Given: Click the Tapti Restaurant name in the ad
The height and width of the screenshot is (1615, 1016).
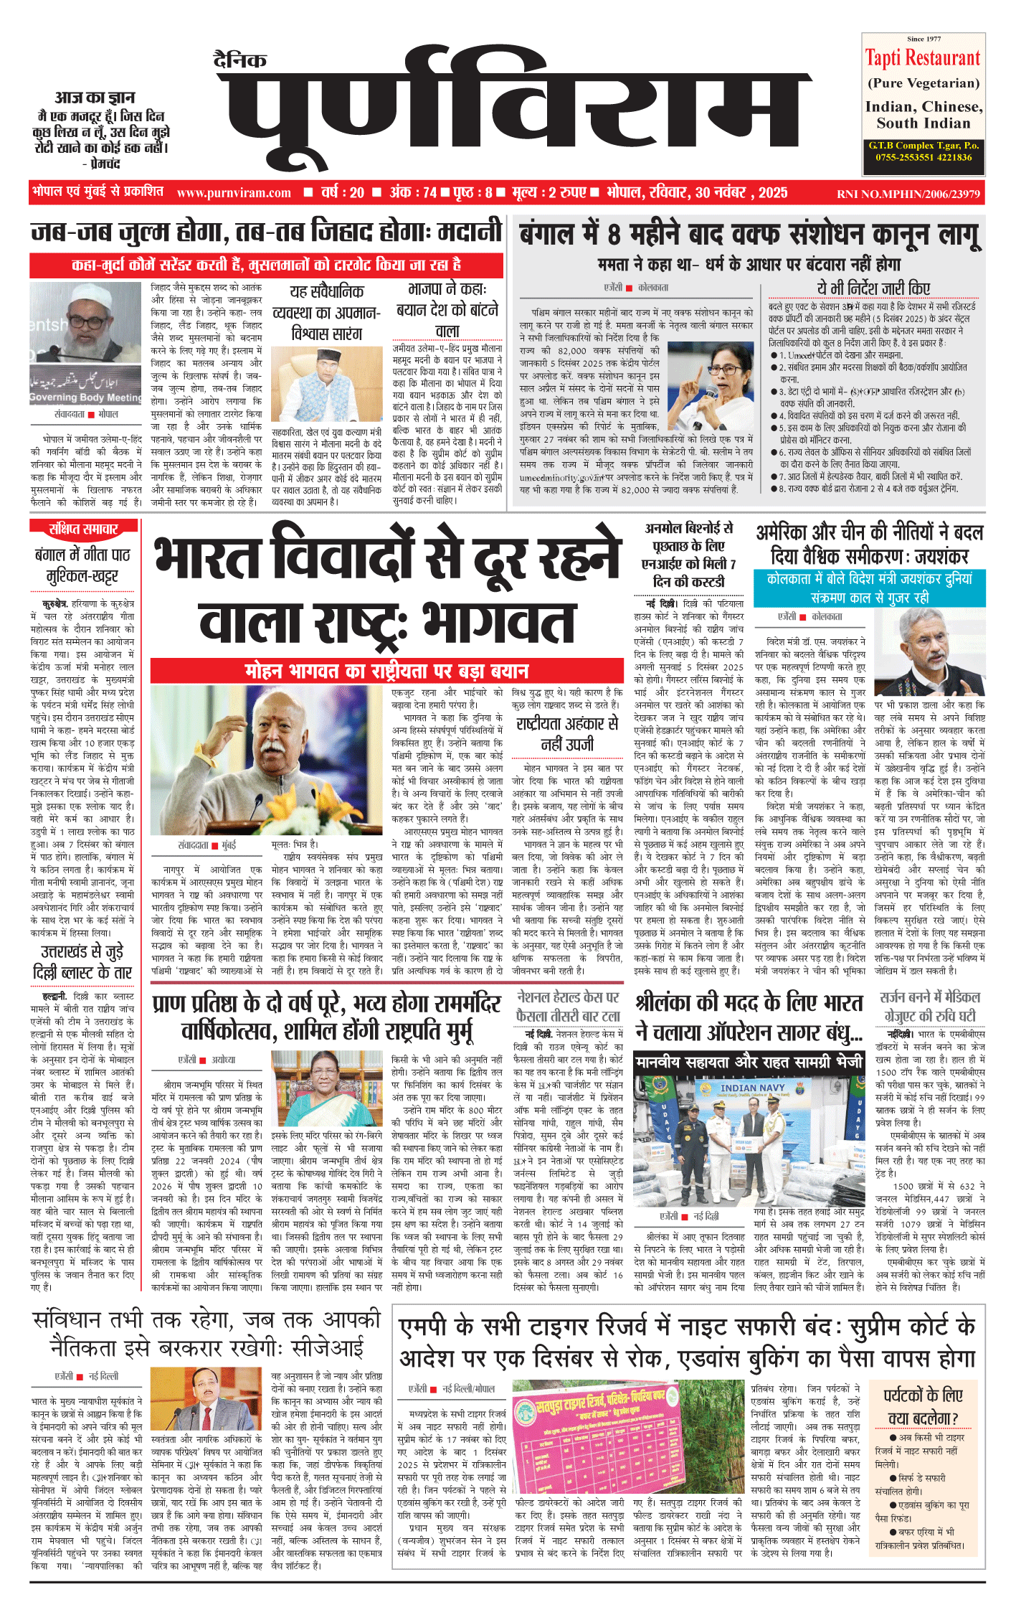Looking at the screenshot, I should tap(922, 58).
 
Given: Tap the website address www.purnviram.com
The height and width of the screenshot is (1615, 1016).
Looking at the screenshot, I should tap(234, 193).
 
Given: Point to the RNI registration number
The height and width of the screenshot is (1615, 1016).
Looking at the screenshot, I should tap(908, 194).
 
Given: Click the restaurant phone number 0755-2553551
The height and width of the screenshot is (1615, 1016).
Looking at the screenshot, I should tap(896, 158).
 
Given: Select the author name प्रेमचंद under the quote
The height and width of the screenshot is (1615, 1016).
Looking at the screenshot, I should tap(100, 164).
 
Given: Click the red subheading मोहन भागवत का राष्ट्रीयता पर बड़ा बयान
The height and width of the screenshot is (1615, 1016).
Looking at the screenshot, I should tap(387, 671).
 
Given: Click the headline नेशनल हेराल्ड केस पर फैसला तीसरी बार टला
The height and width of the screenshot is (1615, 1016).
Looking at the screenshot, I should tap(568, 1007).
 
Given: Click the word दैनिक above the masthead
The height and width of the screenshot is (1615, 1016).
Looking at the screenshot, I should tap(240, 60).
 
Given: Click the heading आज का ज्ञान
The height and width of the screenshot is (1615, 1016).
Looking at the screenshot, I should tap(95, 98).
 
